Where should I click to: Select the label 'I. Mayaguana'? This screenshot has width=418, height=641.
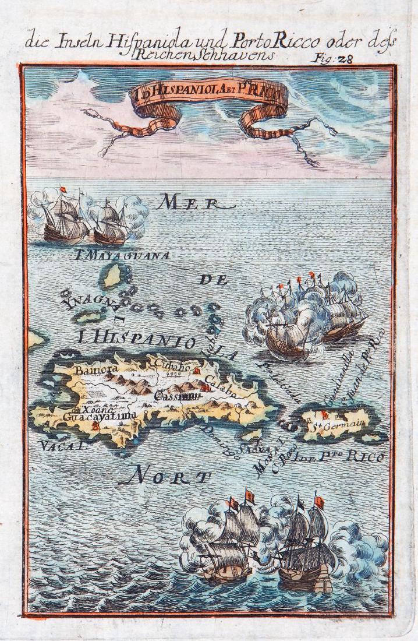[122, 255]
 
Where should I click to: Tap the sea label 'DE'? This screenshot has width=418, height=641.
[213, 280]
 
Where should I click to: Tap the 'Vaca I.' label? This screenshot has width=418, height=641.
[63, 447]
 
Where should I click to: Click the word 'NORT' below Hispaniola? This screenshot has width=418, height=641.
[166, 478]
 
